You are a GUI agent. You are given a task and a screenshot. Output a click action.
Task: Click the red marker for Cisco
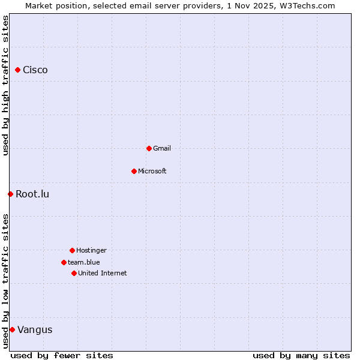coord(17,70)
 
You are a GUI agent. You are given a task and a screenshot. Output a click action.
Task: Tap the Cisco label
coord(35,70)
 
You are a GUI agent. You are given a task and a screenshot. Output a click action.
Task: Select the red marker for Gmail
coord(149,148)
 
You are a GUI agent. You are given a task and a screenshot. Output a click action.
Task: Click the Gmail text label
coord(162,148)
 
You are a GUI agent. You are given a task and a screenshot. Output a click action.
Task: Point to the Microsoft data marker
coord(134,171)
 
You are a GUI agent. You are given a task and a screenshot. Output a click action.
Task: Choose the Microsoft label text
coord(152,171)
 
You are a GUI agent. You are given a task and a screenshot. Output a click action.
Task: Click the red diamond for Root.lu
coord(10,194)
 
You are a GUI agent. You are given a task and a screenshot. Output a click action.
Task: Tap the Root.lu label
coord(32,194)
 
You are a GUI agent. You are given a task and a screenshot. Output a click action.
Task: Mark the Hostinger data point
coord(72,250)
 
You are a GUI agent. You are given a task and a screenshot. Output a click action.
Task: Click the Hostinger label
coord(91,250)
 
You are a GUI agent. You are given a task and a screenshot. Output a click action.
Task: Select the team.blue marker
coord(64,262)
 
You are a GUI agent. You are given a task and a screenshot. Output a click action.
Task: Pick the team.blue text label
coord(84,262)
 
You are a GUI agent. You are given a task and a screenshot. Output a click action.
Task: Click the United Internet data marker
coord(74,273)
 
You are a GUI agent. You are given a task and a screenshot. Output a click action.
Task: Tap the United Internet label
coord(103,273)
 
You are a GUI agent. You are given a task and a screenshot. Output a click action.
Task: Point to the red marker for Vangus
coord(12,329)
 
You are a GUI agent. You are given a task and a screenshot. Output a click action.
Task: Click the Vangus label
coord(35,329)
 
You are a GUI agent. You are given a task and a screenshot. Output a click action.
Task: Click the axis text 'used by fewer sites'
coord(62,355)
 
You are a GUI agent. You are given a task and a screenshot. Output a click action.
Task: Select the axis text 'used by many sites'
coord(301,355)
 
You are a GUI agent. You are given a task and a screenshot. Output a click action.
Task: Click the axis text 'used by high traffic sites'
coord(5,85)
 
